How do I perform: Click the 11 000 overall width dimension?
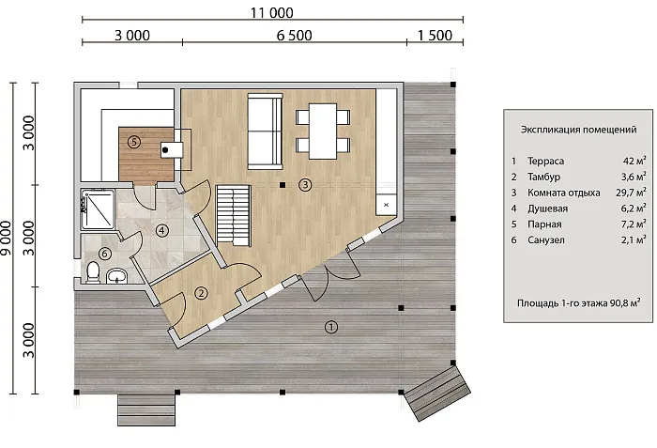[x=271, y=12]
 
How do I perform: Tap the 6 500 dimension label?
[x=294, y=36]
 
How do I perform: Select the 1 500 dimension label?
[x=435, y=36]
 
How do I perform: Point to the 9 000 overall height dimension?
[x=7, y=238]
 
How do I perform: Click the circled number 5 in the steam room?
[x=134, y=142]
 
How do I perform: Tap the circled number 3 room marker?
[x=305, y=184]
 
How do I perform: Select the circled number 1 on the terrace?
[x=331, y=327]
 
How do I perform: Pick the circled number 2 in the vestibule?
[x=202, y=293]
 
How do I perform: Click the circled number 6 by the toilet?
[x=105, y=254]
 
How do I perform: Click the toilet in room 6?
[x=92, y=271]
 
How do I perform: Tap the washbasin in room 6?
[x=117, y=276]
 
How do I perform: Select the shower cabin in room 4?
[x=98, y=209]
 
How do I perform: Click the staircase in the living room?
[x=234, y=215]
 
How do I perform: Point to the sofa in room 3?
[x=265, y=131]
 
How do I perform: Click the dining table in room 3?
[x=323, y=131]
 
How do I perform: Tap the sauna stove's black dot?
[x=165, y=149]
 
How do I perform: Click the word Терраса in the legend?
[x=545, y=162]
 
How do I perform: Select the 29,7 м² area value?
[x=631, y=193]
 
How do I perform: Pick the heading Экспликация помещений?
[x=579, y=130]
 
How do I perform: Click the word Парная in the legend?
[x=544, y=224]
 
